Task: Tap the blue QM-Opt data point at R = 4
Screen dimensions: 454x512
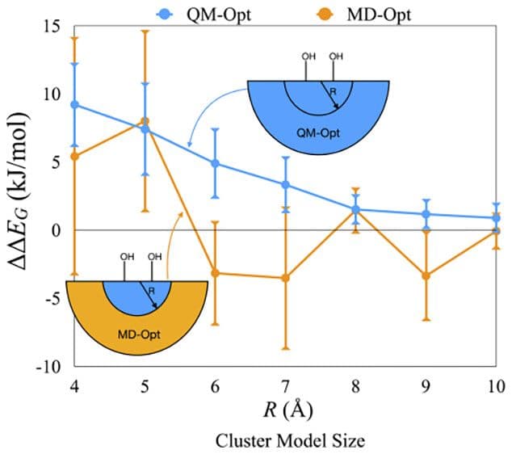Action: (75, 104)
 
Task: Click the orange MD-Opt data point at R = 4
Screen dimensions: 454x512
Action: (75, 156)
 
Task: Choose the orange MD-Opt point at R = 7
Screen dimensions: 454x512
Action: (285, 278)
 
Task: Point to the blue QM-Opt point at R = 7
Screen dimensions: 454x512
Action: (285, 184)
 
